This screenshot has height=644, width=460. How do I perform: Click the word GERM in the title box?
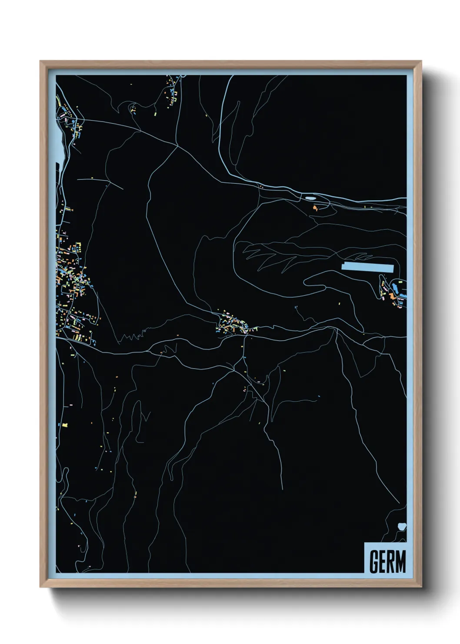[387, 562]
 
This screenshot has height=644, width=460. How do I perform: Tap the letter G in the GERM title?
[374, 562]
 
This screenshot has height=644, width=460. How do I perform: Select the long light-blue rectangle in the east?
[367, 267]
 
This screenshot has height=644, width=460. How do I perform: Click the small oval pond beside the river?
[310, 198]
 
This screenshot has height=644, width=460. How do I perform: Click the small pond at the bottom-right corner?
[401, 527]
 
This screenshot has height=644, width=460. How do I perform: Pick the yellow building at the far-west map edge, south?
[65, 424]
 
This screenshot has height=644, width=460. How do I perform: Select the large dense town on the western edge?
[72, 283]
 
